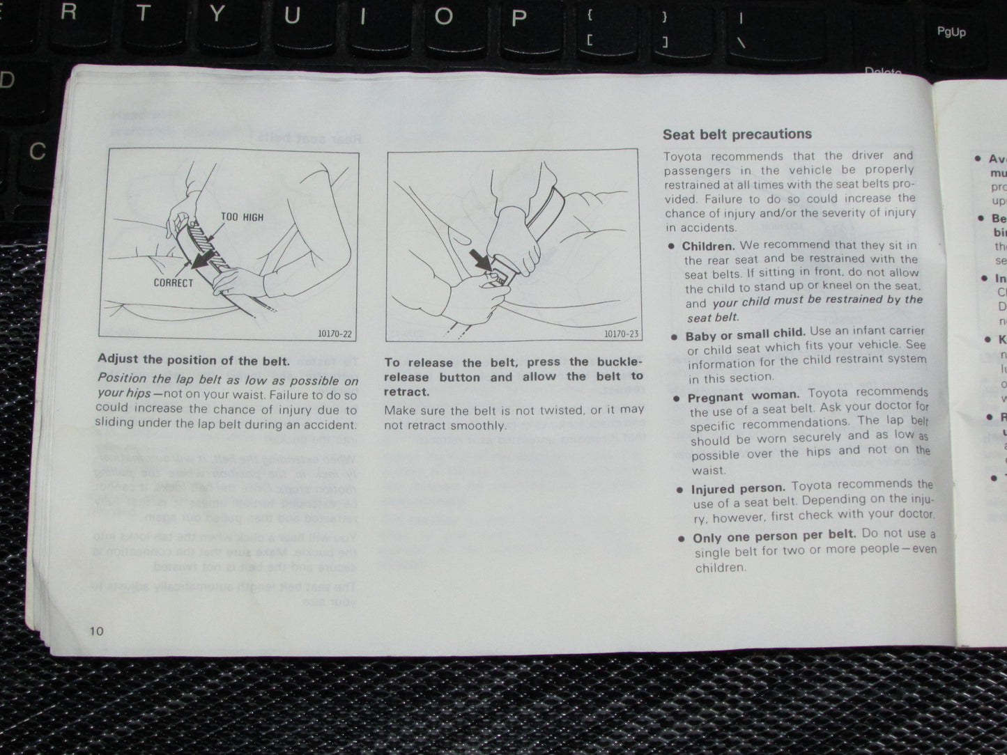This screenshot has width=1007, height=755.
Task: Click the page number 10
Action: (x=96, y=631)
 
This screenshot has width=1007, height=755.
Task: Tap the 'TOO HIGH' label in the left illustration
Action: (x=242, y=217)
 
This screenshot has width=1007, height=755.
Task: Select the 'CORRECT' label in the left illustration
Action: (x=174, y=283)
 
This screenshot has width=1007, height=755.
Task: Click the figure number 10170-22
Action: (x=334, y=334)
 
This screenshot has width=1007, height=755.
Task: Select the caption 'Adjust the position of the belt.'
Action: (x=193, y=360)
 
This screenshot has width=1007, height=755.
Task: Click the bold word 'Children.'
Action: (x=708, y=246)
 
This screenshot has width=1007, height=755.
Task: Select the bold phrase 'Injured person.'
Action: (x=738, y=489)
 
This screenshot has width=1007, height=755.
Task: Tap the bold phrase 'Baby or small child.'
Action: (x=745, y=334)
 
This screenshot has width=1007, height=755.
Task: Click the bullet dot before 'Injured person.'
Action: (x=679, y=490)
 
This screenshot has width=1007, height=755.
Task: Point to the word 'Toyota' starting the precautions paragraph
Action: (x=686, y=157)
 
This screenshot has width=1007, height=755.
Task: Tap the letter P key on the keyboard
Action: (x=517, y=17)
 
